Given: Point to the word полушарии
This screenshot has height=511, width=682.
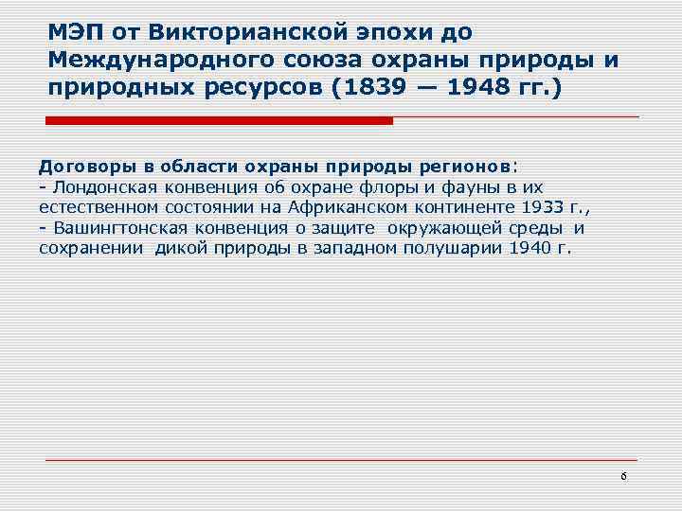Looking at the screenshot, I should click(456, 248).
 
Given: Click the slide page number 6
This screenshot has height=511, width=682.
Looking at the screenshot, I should click(623, 476).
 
